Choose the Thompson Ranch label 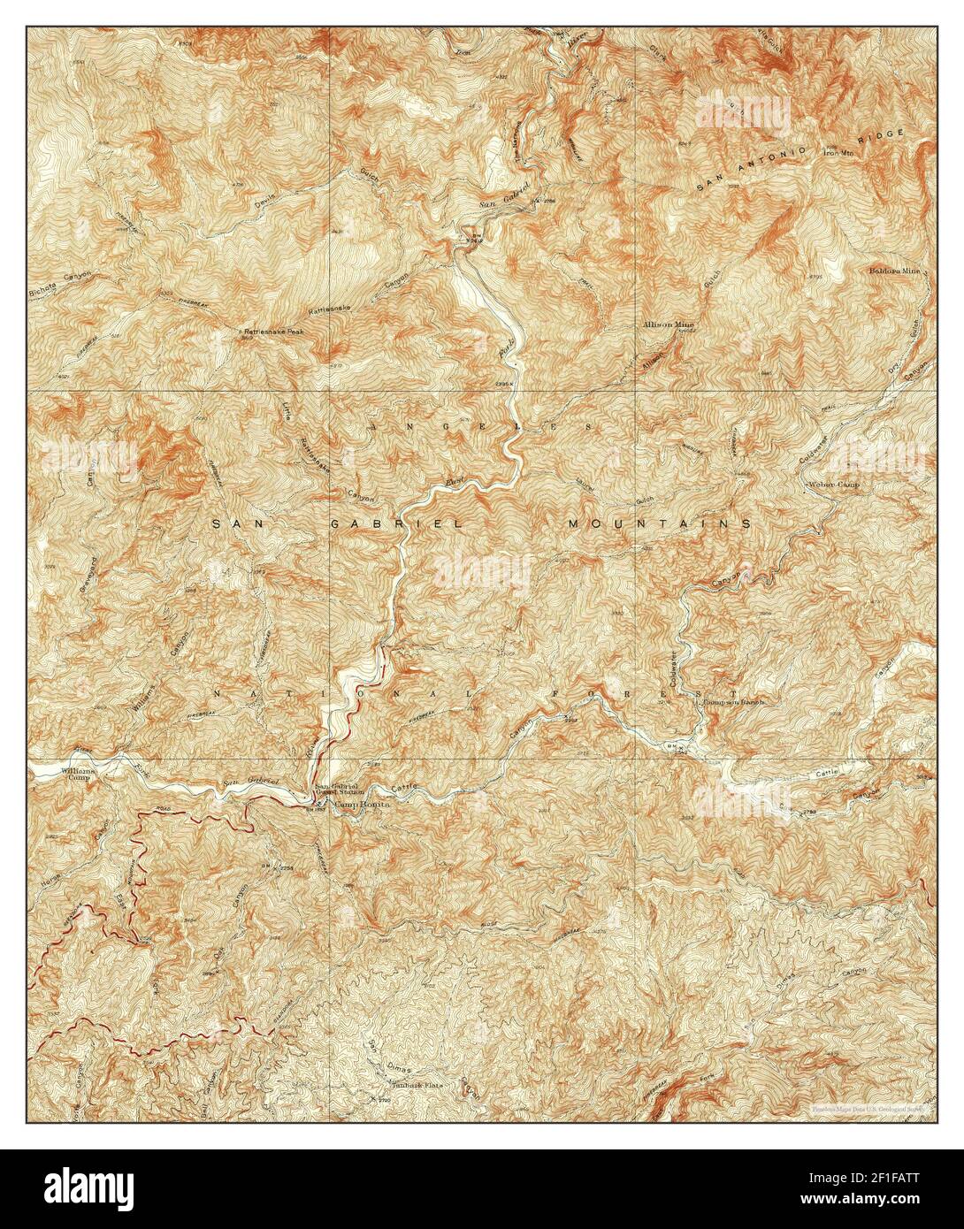pos(733,701)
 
